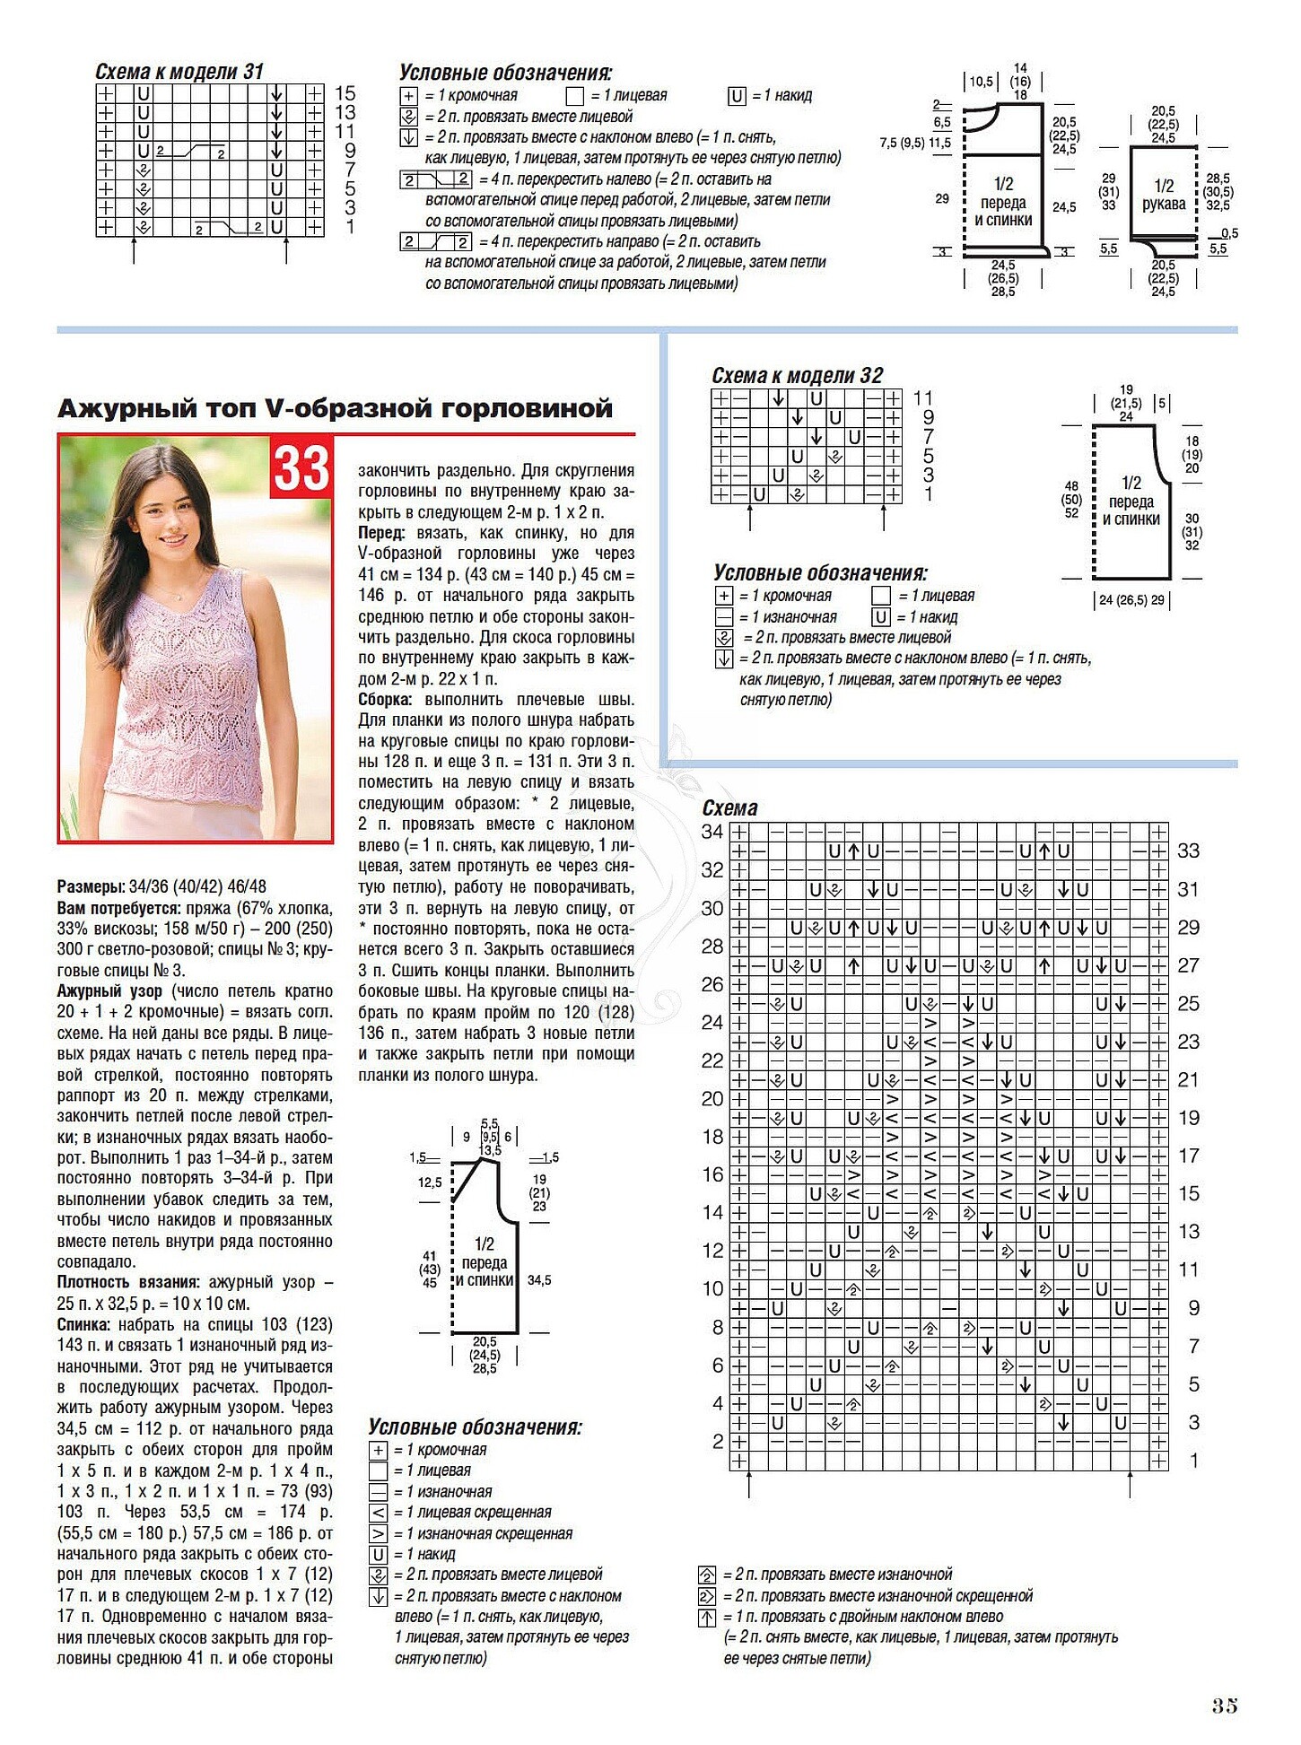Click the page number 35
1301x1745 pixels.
pyautogui.click(x=1224, y=1706)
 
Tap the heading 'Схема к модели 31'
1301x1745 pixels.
pyautogui.click(x=179, y=72)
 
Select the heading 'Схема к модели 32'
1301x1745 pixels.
pyautogui.click(x=797, y=376)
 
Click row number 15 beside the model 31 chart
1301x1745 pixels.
pyautogui.click(x=345, y=93)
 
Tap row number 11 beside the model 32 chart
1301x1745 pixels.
pyautogui.click(x=923, y=397)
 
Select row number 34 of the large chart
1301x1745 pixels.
pyautogui.click(x=712, y=832)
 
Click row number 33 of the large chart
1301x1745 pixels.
pyautogui.click(x=1188, y=851)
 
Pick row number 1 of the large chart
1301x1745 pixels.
pyautogui.click(x=1193, y=1461)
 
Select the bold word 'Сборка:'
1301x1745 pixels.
pyautogui.click(x=385, y=700)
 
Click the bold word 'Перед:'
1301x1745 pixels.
pyautogui.click(x=381, y=533)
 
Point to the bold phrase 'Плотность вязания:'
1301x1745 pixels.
pyautogui.click(x=127, y=1283)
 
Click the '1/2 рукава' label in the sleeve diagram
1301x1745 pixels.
pyautogui.click(x=1163, y=195)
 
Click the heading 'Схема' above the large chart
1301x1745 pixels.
pyautogui.click(x=729, y=808)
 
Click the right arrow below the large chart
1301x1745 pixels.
pyautogui.click(x=1130, y=1486)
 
